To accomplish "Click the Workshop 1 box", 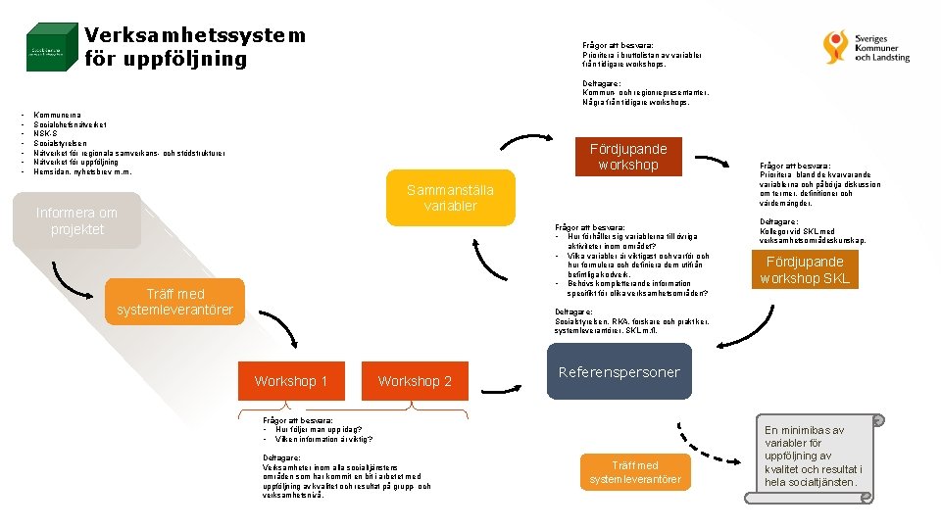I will pos(291,381).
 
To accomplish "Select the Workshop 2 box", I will pos(415,381).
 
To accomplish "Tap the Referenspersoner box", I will pos(619,372).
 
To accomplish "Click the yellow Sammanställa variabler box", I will pos(450,198).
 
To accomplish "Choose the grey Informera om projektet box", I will pos(76,220).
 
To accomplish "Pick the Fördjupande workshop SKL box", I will pos(805,269).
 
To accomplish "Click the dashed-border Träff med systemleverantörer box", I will pos(635,472).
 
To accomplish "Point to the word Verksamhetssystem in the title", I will pos(195,35).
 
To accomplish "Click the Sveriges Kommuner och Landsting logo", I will pos(867,45).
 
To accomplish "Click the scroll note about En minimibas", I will pos(813,457).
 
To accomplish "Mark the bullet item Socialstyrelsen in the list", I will pos(61,143).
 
